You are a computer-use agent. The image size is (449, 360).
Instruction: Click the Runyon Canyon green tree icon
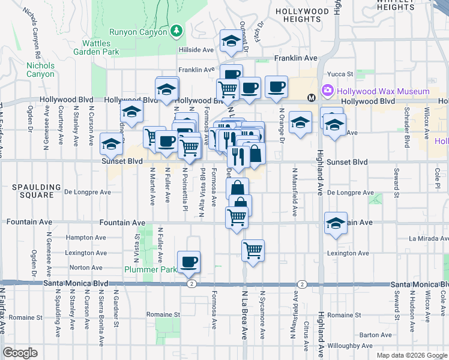click(x=176, y=31)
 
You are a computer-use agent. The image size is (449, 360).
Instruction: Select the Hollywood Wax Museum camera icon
click(x=328, y=91)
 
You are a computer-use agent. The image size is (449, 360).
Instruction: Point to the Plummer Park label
click(x=150, y=269)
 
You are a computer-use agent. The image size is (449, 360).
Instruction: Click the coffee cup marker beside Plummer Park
click(x=189, y=262)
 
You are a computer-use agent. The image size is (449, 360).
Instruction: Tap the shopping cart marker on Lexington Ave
click(x=253, y=249)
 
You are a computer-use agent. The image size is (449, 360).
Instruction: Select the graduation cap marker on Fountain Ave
click(x=336, y=223)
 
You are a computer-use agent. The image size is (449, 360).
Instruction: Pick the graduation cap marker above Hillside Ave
click(x=230, y=41)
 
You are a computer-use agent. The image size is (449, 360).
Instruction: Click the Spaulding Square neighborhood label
click(x=34, y=191)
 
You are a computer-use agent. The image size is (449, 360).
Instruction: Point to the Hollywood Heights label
click(x=302, y=15)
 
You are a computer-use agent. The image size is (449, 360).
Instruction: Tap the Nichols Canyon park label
click(x=40, y=70)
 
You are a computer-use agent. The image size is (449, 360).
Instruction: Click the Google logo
click(x=20, y=353)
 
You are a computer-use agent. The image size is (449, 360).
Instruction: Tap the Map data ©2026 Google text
click(x=411, y=355)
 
